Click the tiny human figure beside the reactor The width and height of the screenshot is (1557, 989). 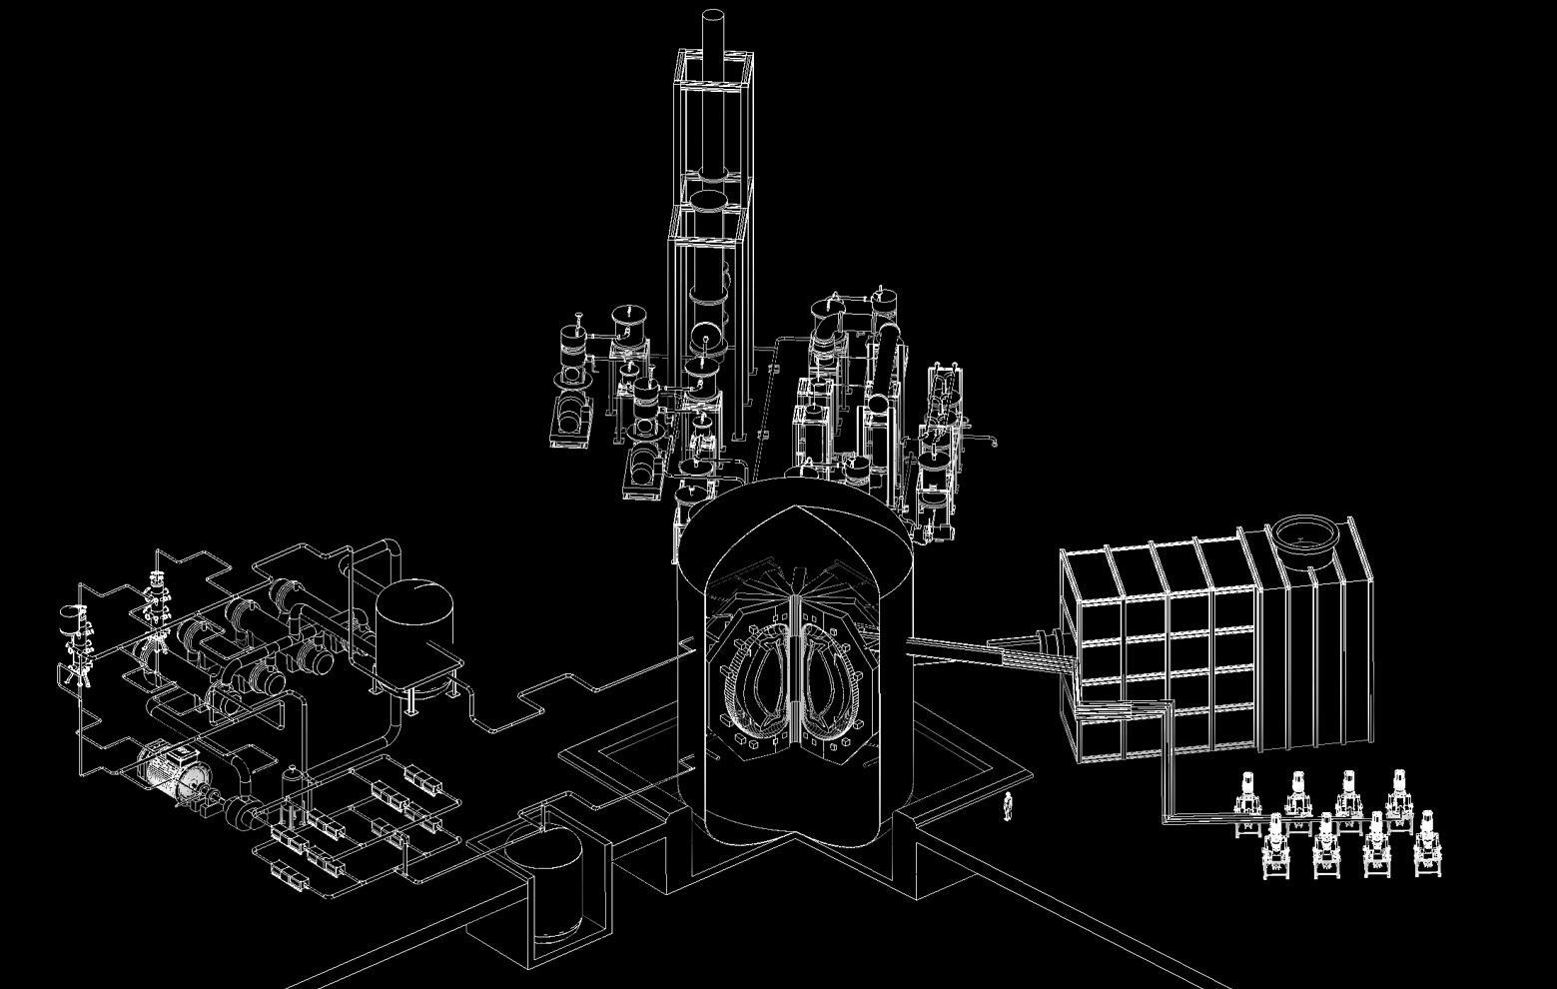(x=1008, y=805)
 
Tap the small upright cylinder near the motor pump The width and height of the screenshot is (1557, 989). (x=292, y=780)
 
